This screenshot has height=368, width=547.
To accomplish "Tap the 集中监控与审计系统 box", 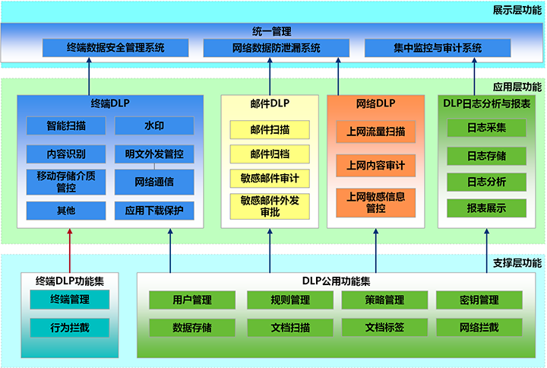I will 437,47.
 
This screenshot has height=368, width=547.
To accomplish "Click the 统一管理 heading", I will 272,31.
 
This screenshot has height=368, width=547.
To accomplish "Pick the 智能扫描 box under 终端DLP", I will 66,125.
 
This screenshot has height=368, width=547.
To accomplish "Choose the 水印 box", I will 154,125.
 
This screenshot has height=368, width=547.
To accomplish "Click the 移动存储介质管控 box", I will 66,182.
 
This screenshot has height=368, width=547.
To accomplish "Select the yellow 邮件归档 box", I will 270,154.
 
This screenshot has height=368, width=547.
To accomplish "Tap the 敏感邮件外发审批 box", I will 270,205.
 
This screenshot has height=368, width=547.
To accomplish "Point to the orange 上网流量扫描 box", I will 375,132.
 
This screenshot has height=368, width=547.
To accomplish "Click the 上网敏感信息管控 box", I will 375,201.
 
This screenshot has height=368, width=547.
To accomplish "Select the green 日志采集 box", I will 487,128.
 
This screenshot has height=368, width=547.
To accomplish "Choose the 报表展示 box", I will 487,207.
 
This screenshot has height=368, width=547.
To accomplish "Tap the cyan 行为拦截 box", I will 69,328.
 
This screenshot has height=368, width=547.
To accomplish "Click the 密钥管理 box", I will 479,300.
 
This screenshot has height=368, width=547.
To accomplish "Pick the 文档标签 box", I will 384,328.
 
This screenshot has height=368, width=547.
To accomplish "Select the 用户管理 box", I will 192,300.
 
